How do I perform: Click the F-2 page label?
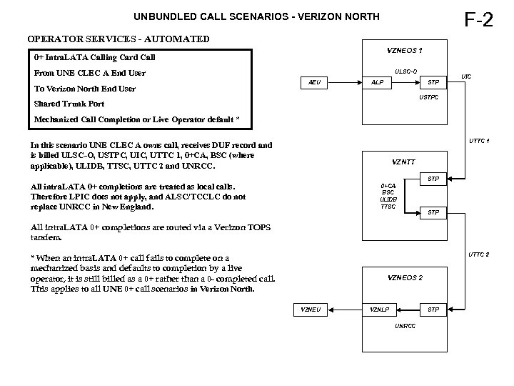click(478, 19)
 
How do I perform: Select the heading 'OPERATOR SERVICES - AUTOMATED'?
click(119, 39)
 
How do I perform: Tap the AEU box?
click(314, 82)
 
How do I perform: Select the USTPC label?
click(428, 97)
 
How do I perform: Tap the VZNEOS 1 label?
click(405, 50)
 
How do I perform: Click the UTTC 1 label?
click(478, 141)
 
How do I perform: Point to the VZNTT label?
click(405, 161)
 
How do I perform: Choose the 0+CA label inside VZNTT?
click(388, 185)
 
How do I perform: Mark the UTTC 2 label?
click(478, 254)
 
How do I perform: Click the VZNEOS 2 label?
click(405, 277)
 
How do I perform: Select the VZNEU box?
click(311, 310)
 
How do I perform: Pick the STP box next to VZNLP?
click(433, 310)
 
